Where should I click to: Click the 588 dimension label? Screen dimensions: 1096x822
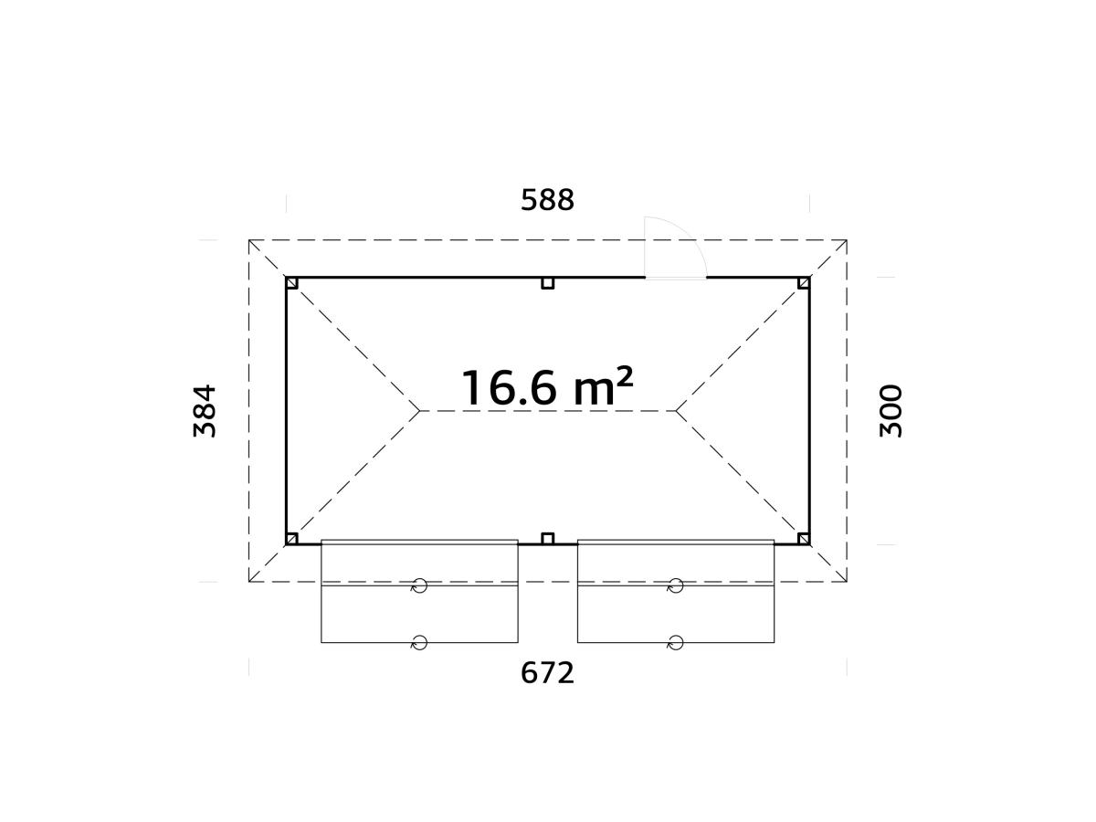(x=547, y=200)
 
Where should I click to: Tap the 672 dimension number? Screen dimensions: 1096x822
(x=547, y=673)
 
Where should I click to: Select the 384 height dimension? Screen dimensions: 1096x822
(x=205, y=411)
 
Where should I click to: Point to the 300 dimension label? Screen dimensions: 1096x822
(x=890, y=411)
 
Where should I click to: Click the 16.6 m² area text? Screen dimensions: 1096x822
(x=547, y=388)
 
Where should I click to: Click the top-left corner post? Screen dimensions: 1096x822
(x=292, y=283)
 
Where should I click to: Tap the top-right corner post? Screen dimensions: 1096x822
(x=804, y=283)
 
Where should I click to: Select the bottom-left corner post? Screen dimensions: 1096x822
(x=292, y=539)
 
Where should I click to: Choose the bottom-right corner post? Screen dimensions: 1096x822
(x=804, y=539)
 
